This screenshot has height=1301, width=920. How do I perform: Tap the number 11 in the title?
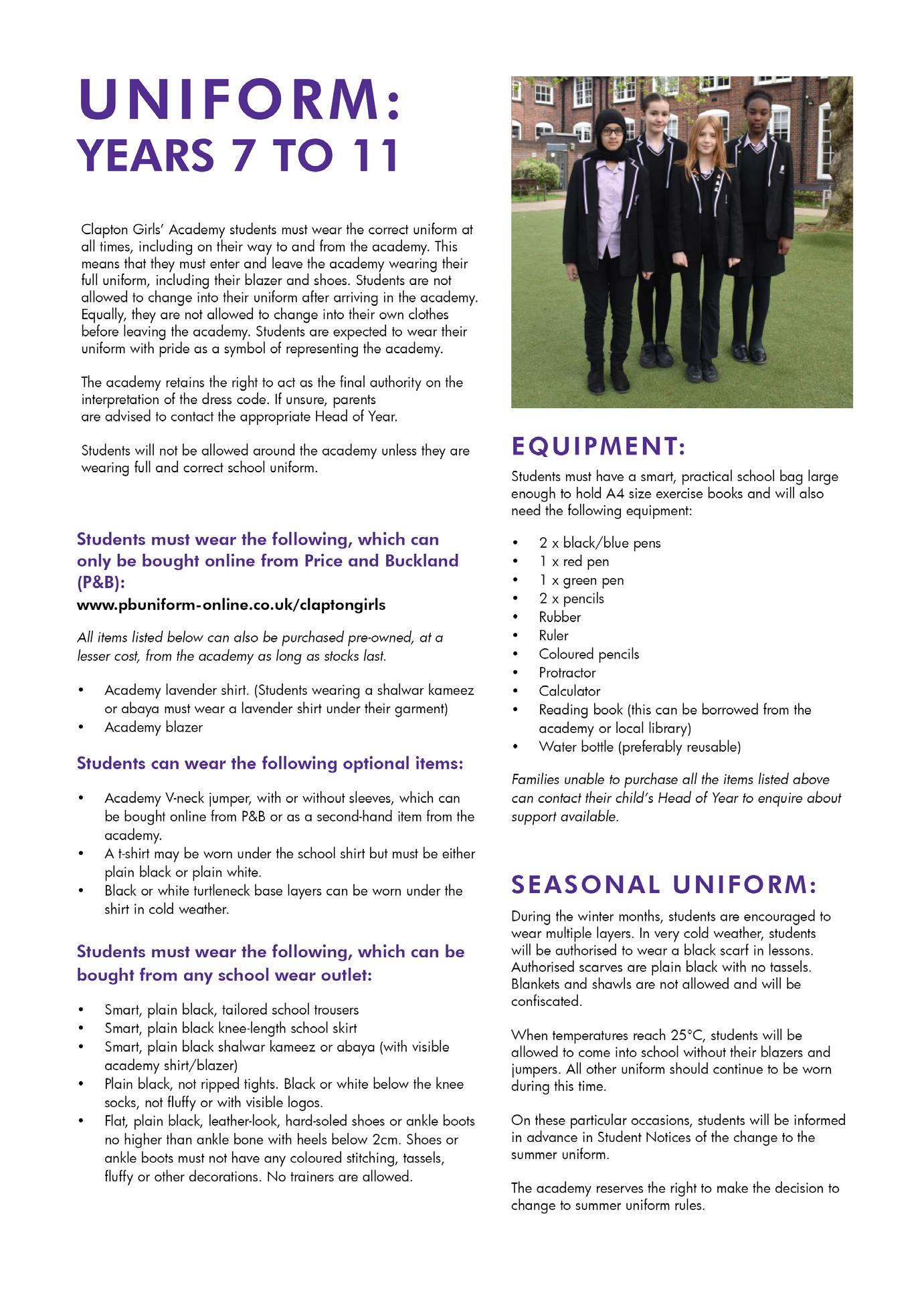click(370, 155)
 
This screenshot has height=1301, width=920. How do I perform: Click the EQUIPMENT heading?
click(598, 446)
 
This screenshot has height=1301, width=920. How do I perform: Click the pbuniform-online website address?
click(231, 605)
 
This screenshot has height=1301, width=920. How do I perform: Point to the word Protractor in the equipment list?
click(567, 673)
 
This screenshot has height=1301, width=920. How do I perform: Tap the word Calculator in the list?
click(569, 692)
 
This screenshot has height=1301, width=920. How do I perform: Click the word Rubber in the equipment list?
click(560, 617)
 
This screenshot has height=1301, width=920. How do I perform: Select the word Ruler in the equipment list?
click(553, 636)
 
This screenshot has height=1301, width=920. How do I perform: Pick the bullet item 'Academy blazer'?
click(153, 727)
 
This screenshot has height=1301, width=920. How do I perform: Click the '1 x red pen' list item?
click(574, 562)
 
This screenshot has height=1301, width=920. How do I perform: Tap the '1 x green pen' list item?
click(581, 581)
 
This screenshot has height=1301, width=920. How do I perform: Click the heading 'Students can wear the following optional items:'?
click(270, 763)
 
